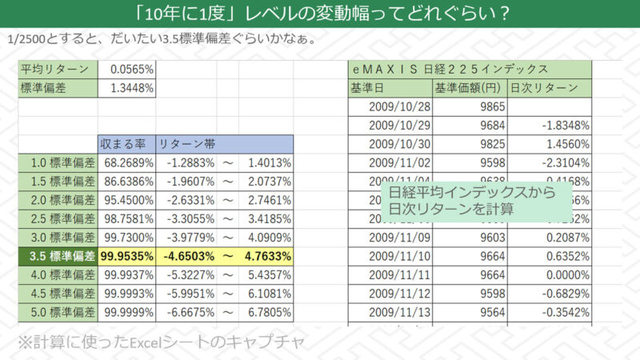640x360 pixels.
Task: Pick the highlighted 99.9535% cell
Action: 126,257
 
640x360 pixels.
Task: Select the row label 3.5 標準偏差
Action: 57,257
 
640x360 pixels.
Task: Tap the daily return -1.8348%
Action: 565,126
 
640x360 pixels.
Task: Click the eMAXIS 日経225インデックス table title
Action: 449,70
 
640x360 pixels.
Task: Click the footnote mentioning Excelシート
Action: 161,343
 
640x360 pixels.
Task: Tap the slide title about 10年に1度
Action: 320,14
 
